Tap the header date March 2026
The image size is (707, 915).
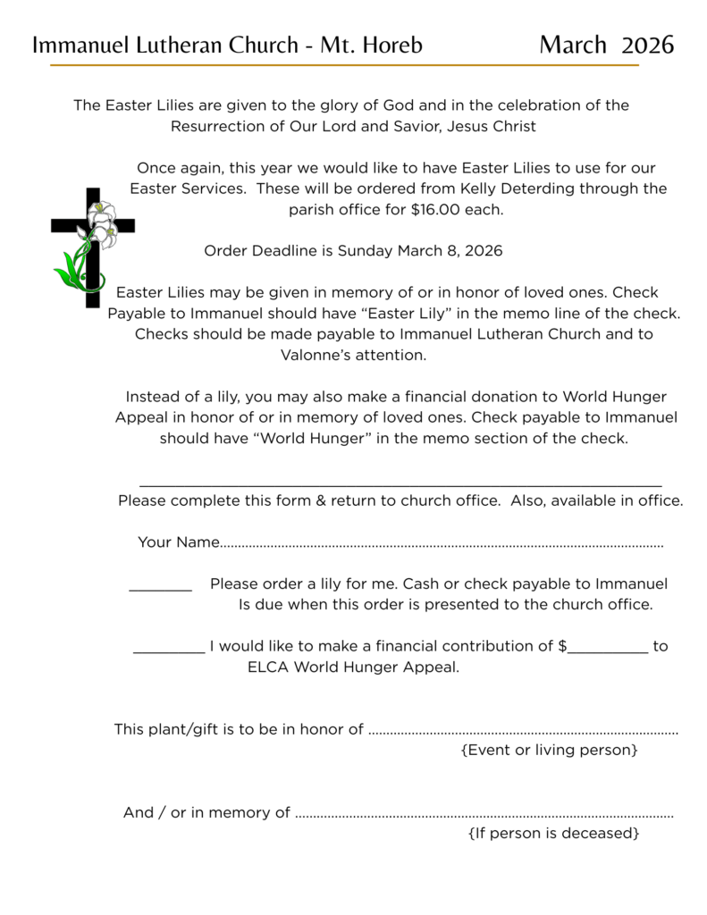point(606,45)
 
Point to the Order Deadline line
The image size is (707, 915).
point(353,251)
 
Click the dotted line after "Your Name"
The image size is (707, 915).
point(442,544)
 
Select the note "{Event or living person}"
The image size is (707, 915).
point(549,750)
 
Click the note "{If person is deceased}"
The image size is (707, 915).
point(553,834)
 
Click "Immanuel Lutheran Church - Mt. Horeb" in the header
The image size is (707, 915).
point(227,45)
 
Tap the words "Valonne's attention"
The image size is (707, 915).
point(353,355)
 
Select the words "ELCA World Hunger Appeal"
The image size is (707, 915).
point(353,667)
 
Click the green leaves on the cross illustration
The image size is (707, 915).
point(72,268)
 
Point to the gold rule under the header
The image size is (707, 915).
point(344,65)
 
